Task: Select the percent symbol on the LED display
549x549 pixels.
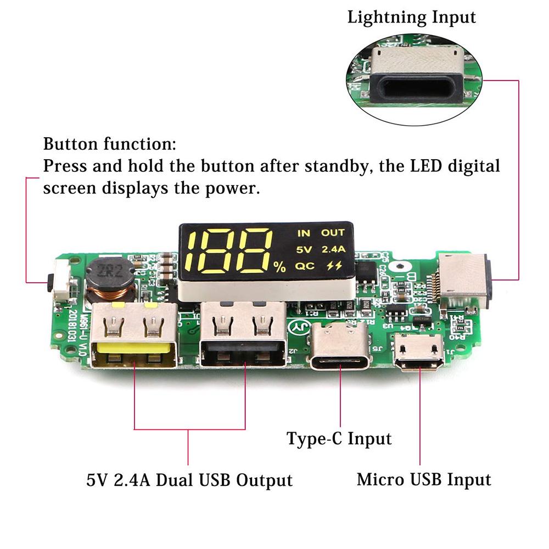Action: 280,267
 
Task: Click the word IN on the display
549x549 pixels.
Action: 304,233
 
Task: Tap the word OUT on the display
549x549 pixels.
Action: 333,233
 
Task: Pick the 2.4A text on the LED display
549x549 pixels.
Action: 333,249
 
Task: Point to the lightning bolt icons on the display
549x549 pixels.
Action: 333,266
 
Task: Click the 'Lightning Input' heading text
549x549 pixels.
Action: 412,17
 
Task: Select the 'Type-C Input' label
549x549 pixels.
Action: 339,439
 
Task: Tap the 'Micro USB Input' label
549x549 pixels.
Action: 424,479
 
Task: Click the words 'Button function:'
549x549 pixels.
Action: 110,145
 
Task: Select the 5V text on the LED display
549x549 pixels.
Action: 304,249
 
